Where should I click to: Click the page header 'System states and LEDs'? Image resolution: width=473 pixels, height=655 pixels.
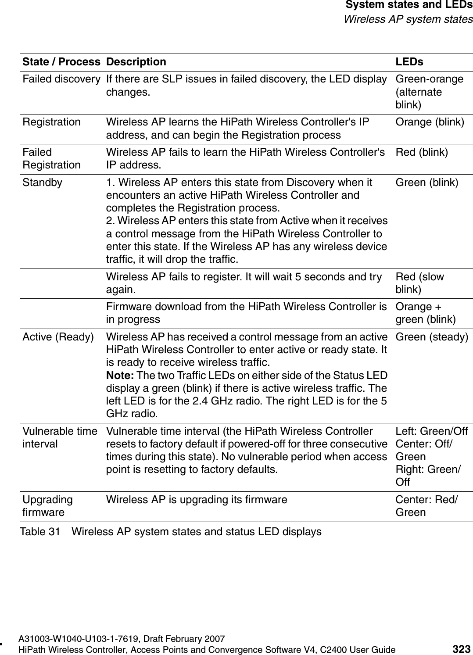(x=409, y=6)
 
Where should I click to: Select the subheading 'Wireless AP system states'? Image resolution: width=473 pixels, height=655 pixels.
(x=408, y=19)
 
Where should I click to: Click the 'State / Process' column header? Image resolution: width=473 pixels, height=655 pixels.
(x=61, y=62)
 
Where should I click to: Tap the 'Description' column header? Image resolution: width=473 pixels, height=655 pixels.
(x=136, y=62)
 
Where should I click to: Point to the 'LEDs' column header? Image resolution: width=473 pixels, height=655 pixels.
(x=409, y=62)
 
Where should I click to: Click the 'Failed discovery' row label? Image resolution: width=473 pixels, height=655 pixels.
(x=61, y=79)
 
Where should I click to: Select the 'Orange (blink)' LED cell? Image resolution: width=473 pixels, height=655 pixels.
(x=430, y=122)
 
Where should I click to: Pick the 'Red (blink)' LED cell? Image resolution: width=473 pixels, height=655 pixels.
(x=422, y=152)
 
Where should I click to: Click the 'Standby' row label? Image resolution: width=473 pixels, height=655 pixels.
(x=43, y=182)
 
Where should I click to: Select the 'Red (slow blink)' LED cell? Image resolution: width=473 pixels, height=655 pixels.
(x=419, y=283)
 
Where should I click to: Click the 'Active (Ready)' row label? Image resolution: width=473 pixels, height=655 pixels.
(x=58, y=336)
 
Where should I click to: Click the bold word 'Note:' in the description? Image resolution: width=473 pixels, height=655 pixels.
(x=121, y=376)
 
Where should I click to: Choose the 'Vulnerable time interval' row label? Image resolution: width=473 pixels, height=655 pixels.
(x=60, y=437)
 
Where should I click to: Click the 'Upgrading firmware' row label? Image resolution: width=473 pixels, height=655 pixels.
(x=47, y=506)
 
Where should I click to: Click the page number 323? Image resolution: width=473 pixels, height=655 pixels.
(x=461, y=649)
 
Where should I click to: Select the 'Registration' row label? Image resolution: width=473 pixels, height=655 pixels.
(x=52, y=122)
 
